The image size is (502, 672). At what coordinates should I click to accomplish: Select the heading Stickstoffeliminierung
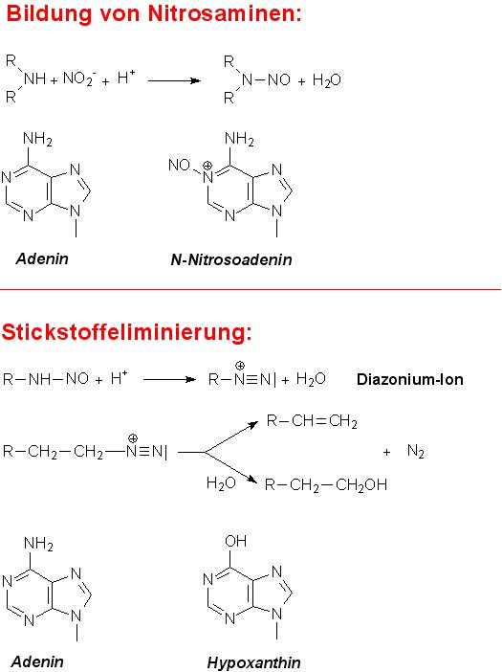tap(126, 332)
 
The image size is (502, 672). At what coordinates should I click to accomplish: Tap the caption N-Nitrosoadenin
tap(231, 259)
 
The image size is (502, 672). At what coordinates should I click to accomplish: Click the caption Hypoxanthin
tap(253, 662)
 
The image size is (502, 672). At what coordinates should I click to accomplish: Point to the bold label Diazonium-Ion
tap(410, 379)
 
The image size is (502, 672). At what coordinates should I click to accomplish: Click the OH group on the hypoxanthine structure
tap(236, 541)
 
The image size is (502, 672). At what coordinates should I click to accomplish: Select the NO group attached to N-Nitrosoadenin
tap(179, 165)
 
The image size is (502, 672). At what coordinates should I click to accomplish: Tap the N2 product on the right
tap(416, 451)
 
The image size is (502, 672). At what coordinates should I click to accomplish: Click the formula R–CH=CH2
tap(312, 421)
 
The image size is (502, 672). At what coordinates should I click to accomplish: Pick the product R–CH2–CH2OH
tap(326, 484)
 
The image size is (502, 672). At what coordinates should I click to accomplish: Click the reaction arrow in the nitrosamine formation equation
tap(174, 80)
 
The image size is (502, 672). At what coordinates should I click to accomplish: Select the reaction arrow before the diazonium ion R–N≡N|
tap(169, 379)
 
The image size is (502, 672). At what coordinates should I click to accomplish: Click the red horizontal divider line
tap(251, 290)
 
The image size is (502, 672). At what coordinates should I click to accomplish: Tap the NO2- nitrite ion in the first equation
tap(79, 78)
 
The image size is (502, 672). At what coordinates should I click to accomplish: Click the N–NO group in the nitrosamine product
tap(266, 79)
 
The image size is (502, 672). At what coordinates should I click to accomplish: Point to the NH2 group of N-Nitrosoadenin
tap(239, 139)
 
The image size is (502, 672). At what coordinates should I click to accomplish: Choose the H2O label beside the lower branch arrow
tap(221, 483)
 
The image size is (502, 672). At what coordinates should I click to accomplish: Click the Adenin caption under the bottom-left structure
tap(37, 661)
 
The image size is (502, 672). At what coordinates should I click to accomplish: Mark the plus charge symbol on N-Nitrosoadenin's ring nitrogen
tap(207, 166)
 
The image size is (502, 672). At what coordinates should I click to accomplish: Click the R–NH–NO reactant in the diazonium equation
tap(46, 379)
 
